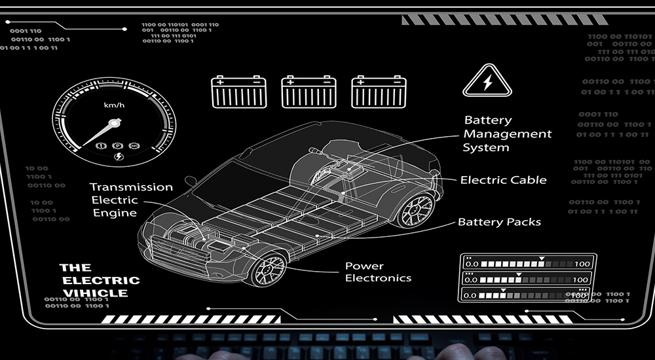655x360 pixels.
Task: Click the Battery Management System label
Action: [x=508, y=134]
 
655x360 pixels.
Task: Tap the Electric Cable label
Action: [x=503, y=180]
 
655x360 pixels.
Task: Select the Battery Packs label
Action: [x=499, y=222]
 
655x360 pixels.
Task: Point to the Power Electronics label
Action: [x=378, y=272]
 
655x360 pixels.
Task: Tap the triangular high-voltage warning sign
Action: [x=487, y=81]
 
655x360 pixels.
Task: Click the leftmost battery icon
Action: [x=238, y=92]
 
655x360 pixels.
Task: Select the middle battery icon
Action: [x=309, y=92]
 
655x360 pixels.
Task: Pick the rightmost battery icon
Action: [x=379, y=92]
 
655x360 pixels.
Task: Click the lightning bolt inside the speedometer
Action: [x=118, y=156]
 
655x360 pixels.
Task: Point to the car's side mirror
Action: [x=190, y=181]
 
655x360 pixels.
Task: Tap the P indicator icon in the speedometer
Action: [x=118, y=145]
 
